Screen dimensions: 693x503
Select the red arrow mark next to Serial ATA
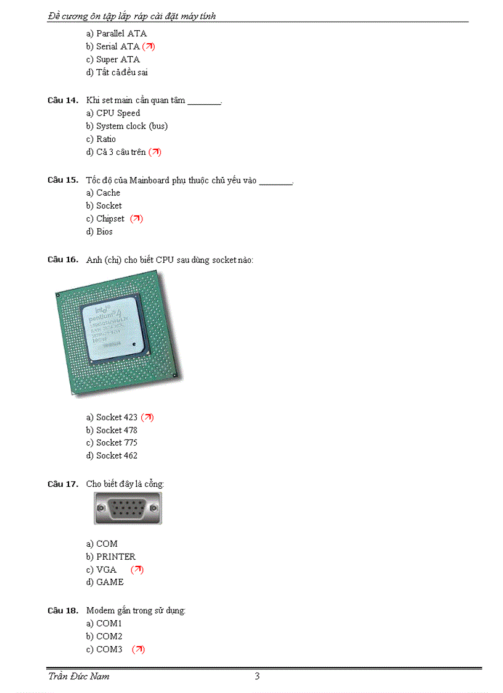[x=149, y=46]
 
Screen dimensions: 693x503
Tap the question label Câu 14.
[x=63, y=100]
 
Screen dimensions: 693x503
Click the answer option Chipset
[x=110, y=218]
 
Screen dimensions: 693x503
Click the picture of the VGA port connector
[x=128, y=508]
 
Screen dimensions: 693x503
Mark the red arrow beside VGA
[x=137, y=570]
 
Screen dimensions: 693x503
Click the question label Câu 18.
[x=63, y=610]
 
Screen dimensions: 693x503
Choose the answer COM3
[x=109, y=649]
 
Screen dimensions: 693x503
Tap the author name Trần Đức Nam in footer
[x=79, y=676]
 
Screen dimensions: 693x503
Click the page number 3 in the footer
[x=257, y=676]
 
